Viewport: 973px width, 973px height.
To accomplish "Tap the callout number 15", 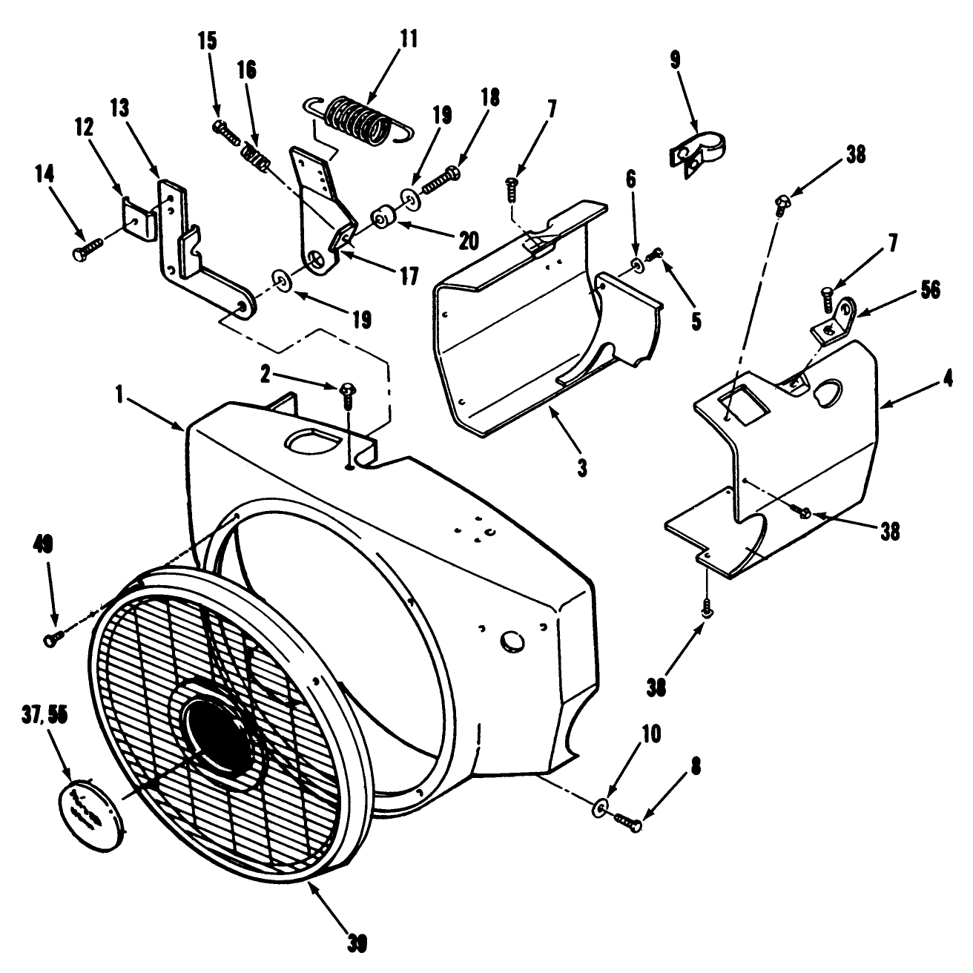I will pyautogui.click(x=208, y=41).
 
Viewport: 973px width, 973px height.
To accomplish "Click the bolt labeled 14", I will pyautogui.click(x=87, y=247).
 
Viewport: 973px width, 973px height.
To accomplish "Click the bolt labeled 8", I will pyautogui.click(x=627, y=820).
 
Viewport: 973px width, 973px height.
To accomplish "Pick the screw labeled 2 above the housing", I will pyautogui.click(x=347, y=394).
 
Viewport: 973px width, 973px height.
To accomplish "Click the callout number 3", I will pyautogui.click(x=582, y=469).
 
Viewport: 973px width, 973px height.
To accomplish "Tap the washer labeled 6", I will pyautogui.click(x=636, y=265).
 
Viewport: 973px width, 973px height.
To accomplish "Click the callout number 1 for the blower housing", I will pyautogui.click(x=119, y=395).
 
